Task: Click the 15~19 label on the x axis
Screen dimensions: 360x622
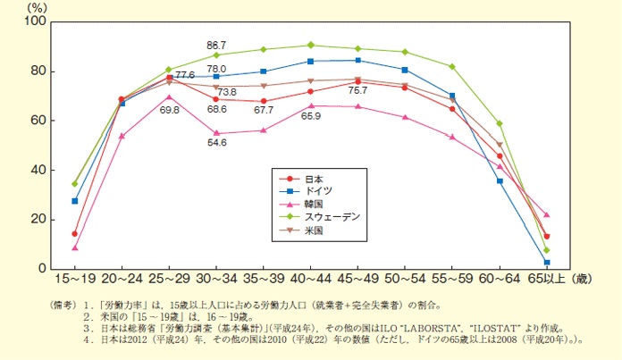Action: [x=74, y=280]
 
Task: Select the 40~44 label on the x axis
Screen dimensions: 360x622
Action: [x=310, y=280]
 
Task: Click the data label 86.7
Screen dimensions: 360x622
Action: [x=216, y=44]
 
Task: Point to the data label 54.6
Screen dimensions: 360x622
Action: [x=216, y=143]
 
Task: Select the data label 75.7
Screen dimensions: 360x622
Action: [x=358, y=90]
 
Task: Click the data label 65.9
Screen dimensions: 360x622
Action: [x=311, y=116]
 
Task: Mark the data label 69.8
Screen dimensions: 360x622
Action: [x=169, y=109]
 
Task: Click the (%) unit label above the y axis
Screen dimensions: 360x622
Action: [x=39, y=7]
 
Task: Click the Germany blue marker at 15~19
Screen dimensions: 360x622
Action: [x=75, y=201]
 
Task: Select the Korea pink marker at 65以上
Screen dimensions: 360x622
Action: [x=546, y=214]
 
